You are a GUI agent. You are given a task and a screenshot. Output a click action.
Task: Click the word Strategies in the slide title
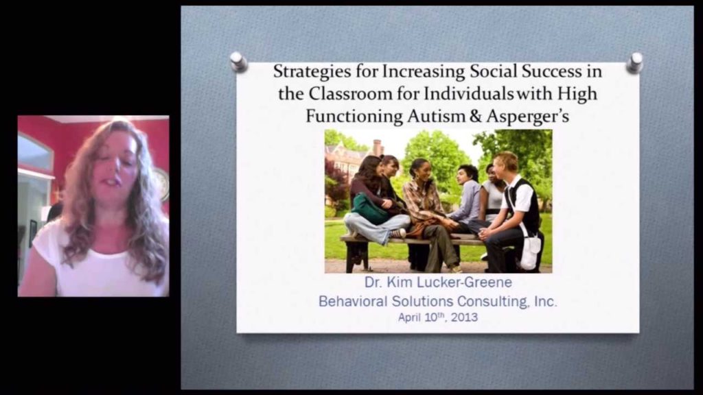(x=305, y=71)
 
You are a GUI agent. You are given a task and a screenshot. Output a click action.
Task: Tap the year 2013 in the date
(x=464, y=318)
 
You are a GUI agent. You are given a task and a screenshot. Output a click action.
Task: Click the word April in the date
(x=411, y=318)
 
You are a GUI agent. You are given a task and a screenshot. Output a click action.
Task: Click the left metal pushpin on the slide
(x=238, y=62)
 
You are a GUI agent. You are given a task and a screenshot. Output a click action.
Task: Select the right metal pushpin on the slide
(x=634, y=62)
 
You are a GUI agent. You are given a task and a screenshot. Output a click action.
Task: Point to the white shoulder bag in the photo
(x=529, y=252)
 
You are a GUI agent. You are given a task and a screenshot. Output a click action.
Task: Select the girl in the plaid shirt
(x=424, y=206)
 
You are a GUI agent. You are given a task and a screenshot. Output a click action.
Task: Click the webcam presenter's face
(x=113, y=165)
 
